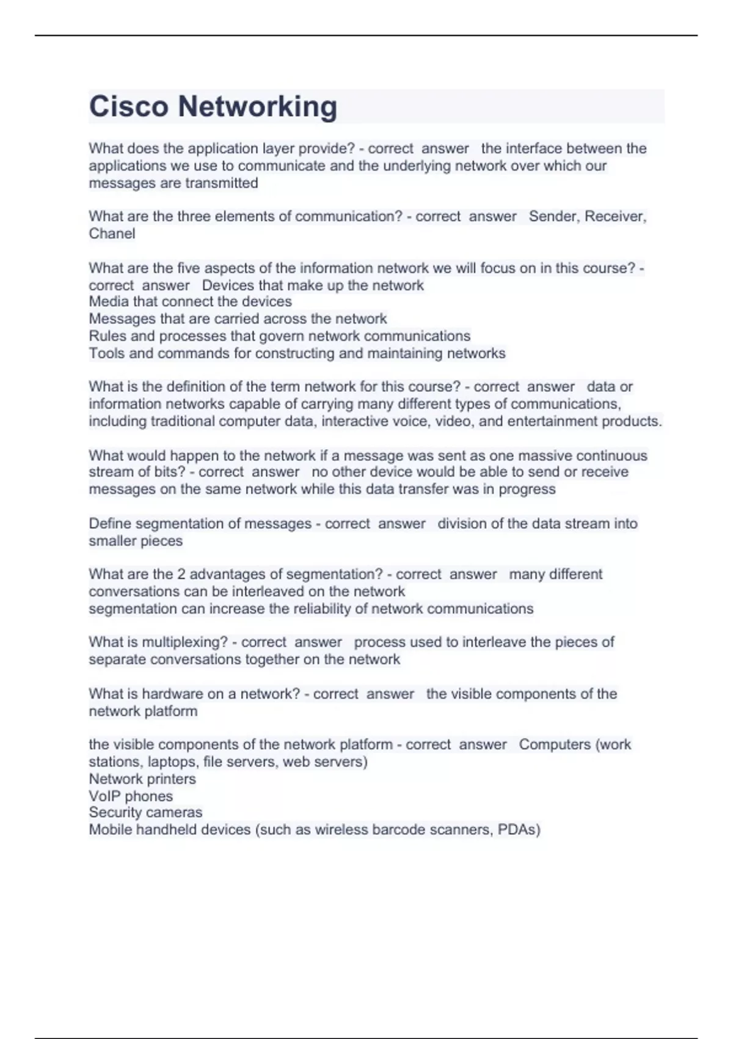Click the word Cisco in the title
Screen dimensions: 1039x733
click(x=128, y=106)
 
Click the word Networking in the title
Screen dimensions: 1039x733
click(x=257, y=106)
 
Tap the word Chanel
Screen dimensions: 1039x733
click(x=112, y=233)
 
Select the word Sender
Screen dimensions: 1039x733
click(x=554, y=216)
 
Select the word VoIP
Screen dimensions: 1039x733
click(x=104, y=796)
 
